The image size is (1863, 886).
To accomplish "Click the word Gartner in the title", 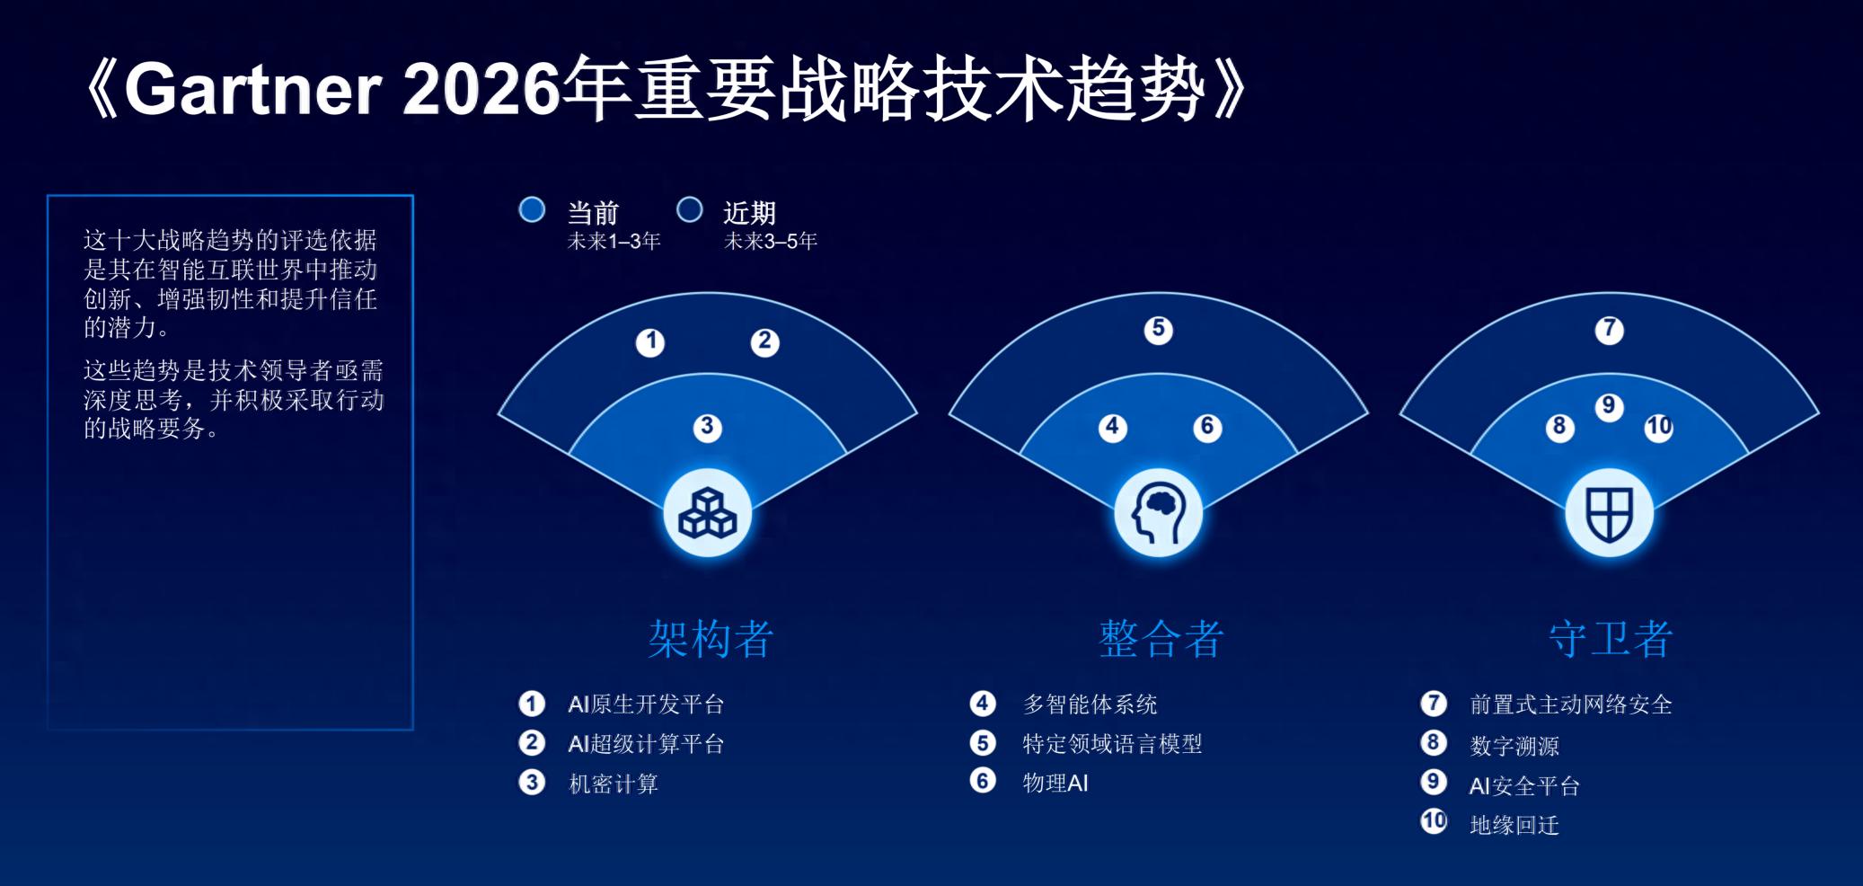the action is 253,91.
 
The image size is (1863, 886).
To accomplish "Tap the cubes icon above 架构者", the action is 708,513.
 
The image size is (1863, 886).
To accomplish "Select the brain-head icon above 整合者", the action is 1159,513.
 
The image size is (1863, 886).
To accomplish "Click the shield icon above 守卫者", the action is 1609,513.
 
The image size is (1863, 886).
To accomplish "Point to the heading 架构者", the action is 710,640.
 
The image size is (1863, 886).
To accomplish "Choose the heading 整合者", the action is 1161,640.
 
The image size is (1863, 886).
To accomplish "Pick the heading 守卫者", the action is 1611,640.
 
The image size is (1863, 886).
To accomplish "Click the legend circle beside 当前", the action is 532,210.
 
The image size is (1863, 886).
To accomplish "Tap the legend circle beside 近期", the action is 689,210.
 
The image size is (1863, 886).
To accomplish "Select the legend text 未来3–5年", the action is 771,241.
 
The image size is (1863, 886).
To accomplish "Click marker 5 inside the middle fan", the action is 1158,330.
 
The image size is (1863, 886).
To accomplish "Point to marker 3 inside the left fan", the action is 707,427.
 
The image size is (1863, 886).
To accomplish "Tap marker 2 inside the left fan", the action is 764,341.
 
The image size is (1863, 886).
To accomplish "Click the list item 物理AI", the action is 1055,783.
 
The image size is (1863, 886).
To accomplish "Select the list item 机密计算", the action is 614,784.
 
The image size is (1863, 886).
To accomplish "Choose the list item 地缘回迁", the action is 1514,825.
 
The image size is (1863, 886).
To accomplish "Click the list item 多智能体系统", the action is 1090,704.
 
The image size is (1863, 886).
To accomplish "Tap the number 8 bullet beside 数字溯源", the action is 1434,742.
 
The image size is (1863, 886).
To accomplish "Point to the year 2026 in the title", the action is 482,91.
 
